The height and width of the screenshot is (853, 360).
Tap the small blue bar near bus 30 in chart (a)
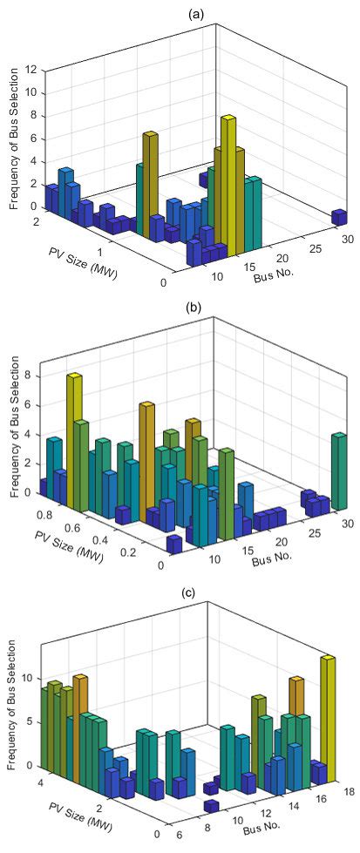[339, 216]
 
